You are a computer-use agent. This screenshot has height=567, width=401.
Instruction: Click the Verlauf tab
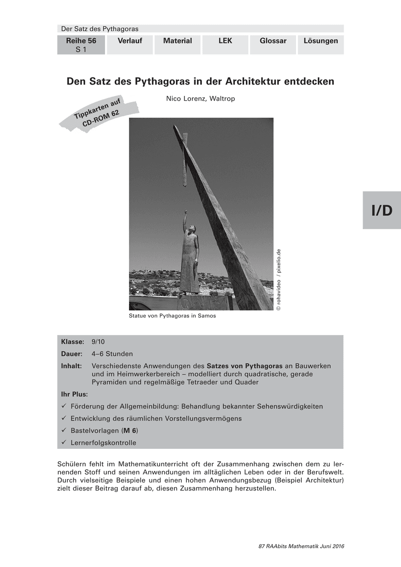pyautogui.click(x=130, y=41)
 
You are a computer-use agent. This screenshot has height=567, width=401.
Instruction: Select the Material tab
pyautogui.click(x=177, y=41)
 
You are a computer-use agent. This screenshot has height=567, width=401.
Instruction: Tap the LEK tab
pyautogui.click(x=225, y=41)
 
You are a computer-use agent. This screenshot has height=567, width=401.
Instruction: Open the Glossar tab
pyautogui.click(x=273, y=41)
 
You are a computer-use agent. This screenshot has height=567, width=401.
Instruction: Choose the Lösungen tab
pyautogui.click(x=321, y=41)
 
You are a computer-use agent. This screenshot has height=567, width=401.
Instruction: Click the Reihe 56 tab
pyautogui.click(x=81, y=45)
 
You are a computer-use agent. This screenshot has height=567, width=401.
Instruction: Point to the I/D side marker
pyautogui.click(x=382, y=210)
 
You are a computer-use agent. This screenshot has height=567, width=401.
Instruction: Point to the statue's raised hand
pyautogui.click(x=186, y=213)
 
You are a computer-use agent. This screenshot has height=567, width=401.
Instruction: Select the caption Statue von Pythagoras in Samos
pyautogui.click(x=172, y=316)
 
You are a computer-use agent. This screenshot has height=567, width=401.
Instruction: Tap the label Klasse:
pyautogui.click(x=73, y=342)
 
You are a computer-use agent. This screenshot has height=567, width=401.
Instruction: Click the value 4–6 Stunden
pyautogui.click(x=112, y=354)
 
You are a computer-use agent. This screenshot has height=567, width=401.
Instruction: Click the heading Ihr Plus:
pyautogui.click(x=75, y=394)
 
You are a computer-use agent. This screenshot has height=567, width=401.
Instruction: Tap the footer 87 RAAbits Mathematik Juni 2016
pyautogui.click(x=301, y=546)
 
